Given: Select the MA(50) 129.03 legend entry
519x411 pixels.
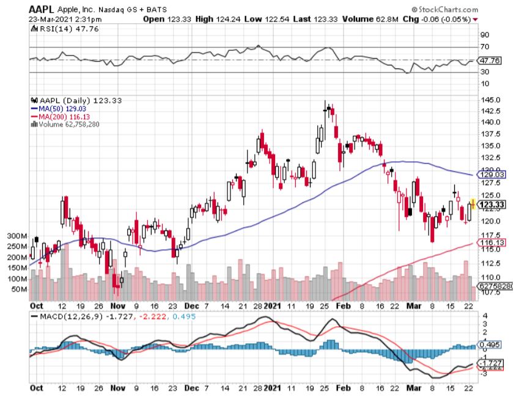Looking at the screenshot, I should click(61, 108).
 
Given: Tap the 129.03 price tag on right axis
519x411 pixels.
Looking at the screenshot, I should click(493, 175).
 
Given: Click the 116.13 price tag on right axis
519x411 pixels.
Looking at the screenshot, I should click(493, 243).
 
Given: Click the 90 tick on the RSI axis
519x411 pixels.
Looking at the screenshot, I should click(485, 35).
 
